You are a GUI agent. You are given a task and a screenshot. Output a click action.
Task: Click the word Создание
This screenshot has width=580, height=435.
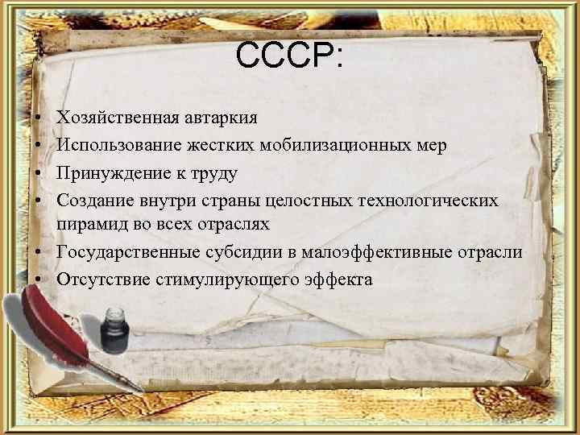(90, 200)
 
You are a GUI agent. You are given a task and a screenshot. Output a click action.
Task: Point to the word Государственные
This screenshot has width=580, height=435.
(118, 253)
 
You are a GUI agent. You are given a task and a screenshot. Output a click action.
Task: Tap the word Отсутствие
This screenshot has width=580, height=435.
(94, 280)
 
